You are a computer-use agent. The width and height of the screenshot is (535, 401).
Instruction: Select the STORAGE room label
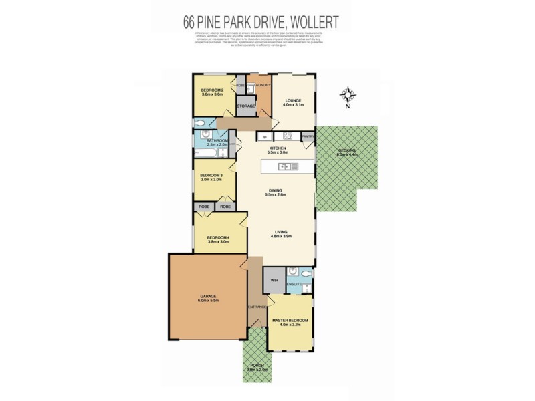click(x=246, y=106)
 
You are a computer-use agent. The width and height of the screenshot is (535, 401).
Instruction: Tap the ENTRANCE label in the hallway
click(x=256, y=307)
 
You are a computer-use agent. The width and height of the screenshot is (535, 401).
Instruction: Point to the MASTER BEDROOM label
click(x=290, y=323)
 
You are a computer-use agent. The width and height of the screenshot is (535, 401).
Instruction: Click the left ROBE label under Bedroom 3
click(x=204, y=207)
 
